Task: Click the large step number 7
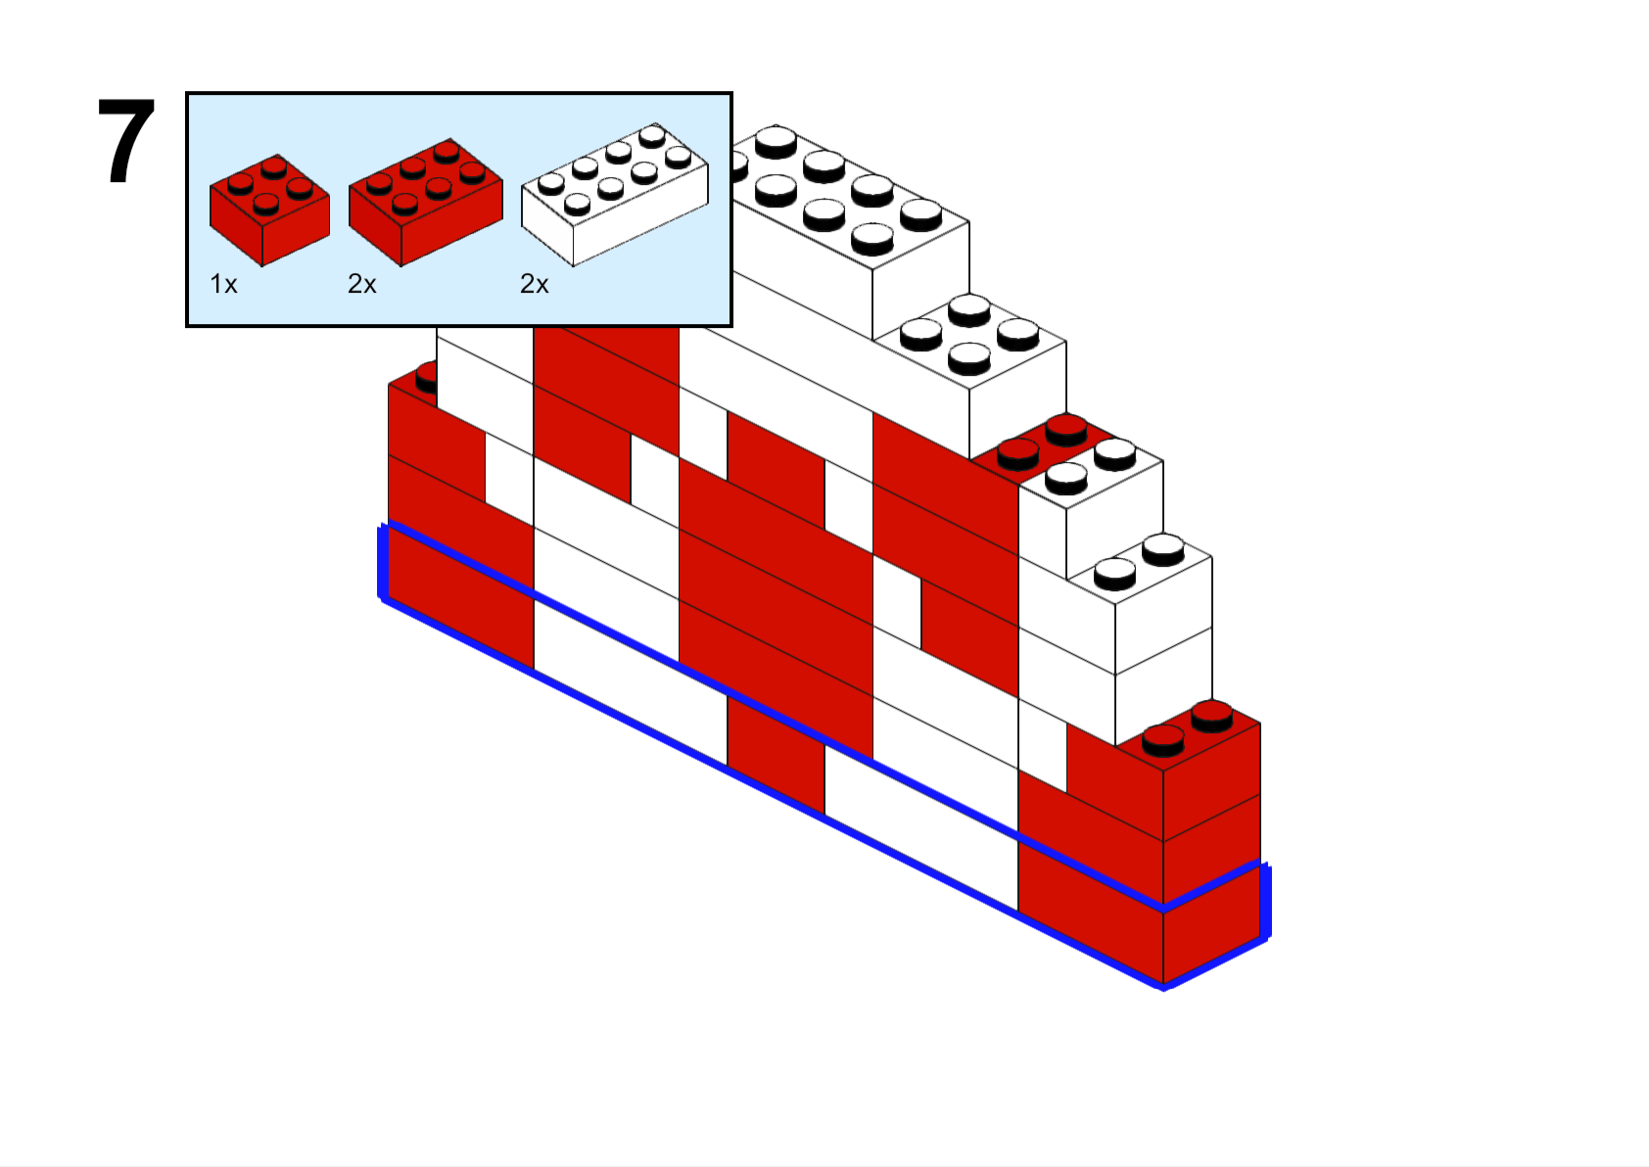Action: [x=126, y=141]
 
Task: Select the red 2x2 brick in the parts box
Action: [x=269, y=210]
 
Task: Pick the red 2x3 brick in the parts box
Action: [x=426, y=202]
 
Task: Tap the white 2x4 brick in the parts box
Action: [x=615, y=194]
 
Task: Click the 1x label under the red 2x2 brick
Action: [x=223, y=284]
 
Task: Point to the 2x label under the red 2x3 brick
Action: [x=361, y=284]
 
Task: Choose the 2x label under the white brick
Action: [x=534, y=284]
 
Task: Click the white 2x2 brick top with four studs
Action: [x=969, y=340]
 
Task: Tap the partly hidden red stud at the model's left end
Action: [x=426, y=377]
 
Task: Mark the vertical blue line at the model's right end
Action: [x=1266, y=902]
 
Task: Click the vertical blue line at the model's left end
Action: [x=382, y=562]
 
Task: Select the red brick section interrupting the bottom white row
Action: [x=776, y=743]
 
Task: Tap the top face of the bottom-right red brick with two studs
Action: [x=1188, y=736]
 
